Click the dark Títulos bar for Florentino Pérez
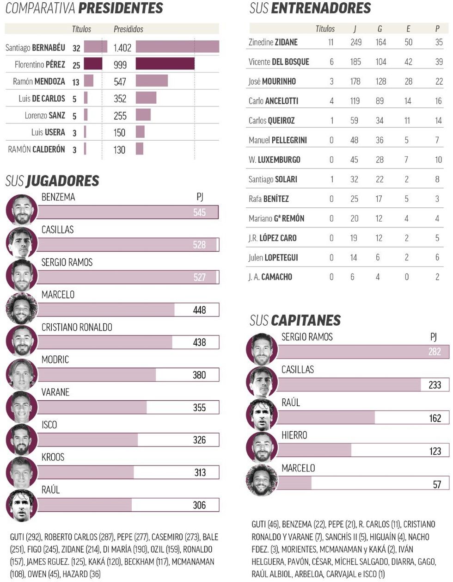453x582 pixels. tap(93, 64)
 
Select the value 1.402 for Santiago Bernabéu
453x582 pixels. tap(122, 47)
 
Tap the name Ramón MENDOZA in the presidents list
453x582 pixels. tap(39, 81)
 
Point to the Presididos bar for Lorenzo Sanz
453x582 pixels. tap(143, 115)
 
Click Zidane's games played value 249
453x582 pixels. tap(356, 42)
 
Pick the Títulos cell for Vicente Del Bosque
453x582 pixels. tap(331, 62)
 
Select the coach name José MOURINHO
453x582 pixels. tap(272, 81)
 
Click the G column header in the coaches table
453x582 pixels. tap(380, 29)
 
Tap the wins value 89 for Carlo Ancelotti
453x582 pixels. tap(380, 101)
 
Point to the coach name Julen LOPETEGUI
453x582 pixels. tap(273, 257)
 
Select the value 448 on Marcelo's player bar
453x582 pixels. tap(199, 310)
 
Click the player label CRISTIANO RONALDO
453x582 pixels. tap(77, 327)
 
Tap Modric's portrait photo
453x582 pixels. tap(22, 374)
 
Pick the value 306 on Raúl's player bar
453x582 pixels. tap(199, 505)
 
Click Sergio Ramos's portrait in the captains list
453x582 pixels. tap(262, 349)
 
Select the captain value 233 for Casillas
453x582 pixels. tap(435, 385)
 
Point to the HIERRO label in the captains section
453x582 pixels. tap(294, 435)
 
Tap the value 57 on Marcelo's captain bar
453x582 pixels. tap(437, 484)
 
